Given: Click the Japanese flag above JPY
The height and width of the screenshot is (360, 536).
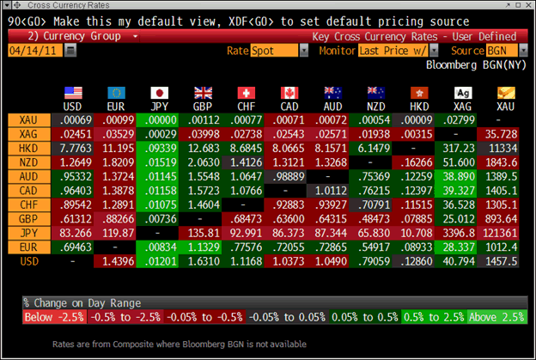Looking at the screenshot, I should coord(159,91).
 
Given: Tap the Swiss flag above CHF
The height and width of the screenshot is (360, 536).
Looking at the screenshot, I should coord(247,91).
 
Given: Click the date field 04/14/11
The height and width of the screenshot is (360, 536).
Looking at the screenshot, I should coord(33,51).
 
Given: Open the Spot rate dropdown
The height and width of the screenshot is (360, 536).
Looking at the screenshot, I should coord(279,51).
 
